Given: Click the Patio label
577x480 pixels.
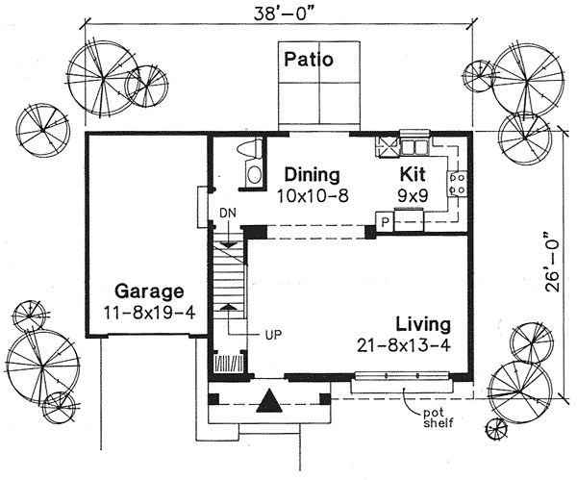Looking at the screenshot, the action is (x=309, y=60).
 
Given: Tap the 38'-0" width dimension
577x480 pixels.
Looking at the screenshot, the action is (x=286, y=13).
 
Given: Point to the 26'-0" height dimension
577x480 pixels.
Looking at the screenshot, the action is (x=553, y=262).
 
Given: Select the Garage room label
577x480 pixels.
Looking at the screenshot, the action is (x=149, y=291).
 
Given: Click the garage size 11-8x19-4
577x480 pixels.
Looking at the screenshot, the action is (x=149, y=314).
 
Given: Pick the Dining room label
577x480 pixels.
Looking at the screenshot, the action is (x=312, y=174).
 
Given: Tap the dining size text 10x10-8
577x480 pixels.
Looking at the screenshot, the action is (x=313, y=196).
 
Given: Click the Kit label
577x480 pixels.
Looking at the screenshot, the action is (x=413, y=174).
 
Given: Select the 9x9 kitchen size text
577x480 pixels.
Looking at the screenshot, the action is (x=413, y=196).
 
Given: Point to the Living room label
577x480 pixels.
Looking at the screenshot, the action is (x=423, y=325).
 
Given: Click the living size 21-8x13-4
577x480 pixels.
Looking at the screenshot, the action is (x=404, y=345).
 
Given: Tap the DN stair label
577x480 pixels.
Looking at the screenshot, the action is (x=228, y=214).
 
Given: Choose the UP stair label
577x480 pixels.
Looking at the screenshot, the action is (x=273, y=335).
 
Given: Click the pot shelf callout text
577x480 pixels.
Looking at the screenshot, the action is (x=439, y=417).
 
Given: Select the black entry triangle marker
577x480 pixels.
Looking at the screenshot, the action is (x=269, y=400).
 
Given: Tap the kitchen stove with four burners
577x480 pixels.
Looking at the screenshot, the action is (x=457, y=184).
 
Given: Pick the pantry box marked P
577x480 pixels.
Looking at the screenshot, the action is (x=385, y=222).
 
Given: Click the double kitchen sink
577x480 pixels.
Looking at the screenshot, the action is (x=414, y=146).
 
